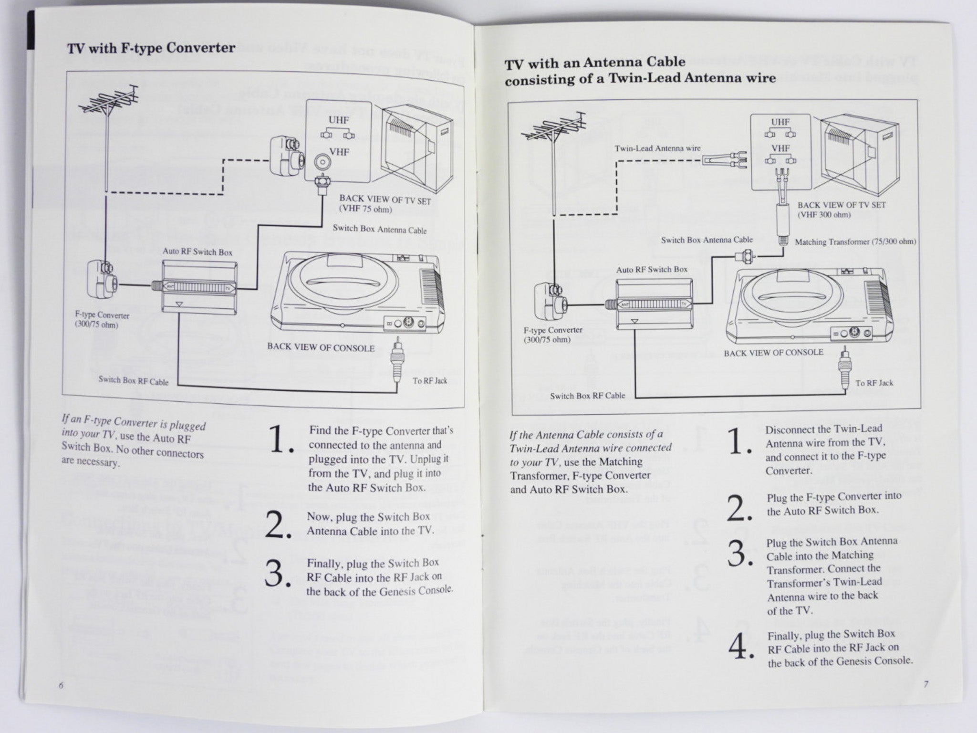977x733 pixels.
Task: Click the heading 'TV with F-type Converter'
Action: [x=151, y=48]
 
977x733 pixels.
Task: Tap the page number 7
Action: [x=925, y=697]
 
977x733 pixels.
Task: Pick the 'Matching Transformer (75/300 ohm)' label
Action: [x=855, y=242]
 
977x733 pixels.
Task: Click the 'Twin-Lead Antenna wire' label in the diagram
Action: [x=657, y=148]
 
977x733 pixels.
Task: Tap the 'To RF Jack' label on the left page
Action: [x=430, y=381]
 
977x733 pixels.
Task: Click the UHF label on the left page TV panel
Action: [x=338, y=121]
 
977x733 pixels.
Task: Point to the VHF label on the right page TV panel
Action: [x=781, y=148]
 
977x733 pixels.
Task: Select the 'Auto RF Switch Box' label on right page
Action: [x=652, y=270]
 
